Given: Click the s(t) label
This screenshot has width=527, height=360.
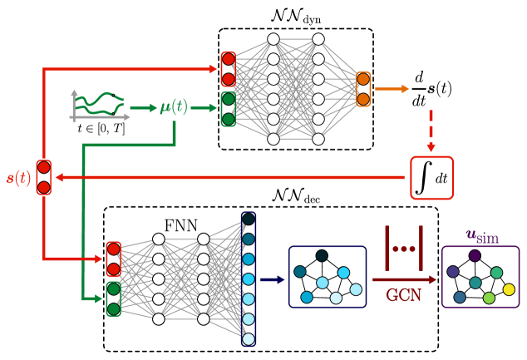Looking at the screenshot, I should pos(18,178).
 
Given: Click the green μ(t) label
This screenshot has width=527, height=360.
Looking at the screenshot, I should pos(174,106).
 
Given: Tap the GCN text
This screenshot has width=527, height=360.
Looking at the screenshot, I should pos(403,295).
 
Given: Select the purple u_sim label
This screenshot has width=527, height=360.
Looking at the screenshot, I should pos(482,236).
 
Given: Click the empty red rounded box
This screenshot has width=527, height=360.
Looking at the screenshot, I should pos(431,178).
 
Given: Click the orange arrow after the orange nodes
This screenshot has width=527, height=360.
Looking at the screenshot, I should pos(392,88).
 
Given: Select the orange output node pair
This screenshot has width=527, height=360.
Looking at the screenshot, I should pos(363,89).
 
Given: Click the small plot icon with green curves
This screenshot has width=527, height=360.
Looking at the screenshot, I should pos(99,106).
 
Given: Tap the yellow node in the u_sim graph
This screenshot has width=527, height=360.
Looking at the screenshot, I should pos(509,289).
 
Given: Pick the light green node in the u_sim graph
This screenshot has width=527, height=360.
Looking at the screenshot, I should pos(489,298).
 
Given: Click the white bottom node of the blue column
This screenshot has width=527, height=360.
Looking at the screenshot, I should pos(249,338).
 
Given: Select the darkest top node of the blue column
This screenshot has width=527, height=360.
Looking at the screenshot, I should pos(249,219).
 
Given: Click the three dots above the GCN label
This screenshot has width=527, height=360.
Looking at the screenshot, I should pos(403,249).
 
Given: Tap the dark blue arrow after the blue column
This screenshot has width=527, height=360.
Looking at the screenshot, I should pos(272,279).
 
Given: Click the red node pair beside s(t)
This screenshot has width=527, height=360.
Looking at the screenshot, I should pos(43,177).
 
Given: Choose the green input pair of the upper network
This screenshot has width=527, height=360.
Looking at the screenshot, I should pos(228,109).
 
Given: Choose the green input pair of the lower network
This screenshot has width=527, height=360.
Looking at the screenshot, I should pos(113,298).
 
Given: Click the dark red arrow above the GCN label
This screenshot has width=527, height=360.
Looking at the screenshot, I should pos(403,279).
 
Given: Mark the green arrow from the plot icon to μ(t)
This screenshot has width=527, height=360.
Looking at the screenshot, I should pos(143,108).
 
